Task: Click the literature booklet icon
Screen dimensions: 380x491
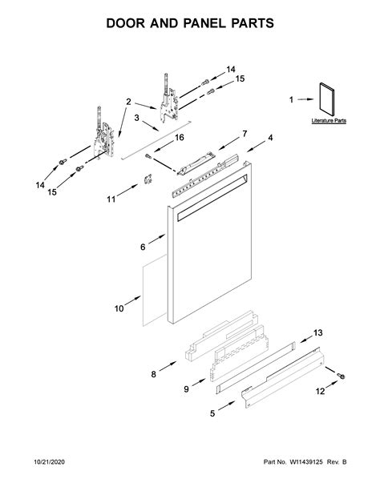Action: [327, 99]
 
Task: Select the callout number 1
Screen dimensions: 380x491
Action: [291, 99]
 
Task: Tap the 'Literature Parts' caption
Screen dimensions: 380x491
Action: [329, 121]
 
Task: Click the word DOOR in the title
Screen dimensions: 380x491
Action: [125, 23]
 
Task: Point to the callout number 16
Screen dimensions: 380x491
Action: [180, 138]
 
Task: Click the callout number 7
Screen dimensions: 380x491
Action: [245, 134]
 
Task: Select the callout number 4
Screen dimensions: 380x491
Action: [270, 138]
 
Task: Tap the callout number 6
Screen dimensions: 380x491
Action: [143, 247]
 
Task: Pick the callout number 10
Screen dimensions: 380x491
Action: [119, 308]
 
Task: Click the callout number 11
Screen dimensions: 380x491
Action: [111, 199]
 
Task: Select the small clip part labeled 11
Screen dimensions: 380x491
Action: [148, 179]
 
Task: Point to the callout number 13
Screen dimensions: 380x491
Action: [318, 332]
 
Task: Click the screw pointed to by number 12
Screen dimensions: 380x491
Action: [341, 376]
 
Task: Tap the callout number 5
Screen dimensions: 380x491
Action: [212, 413]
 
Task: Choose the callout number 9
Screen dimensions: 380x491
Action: [186, 389]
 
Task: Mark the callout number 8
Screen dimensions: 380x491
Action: [153, 374]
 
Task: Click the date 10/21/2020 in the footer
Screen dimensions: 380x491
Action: [49, 462]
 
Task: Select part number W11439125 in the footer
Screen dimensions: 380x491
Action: [306, 462]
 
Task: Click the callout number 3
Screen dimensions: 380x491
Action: [137, 118]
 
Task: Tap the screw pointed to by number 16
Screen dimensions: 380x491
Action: [148, 156]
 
